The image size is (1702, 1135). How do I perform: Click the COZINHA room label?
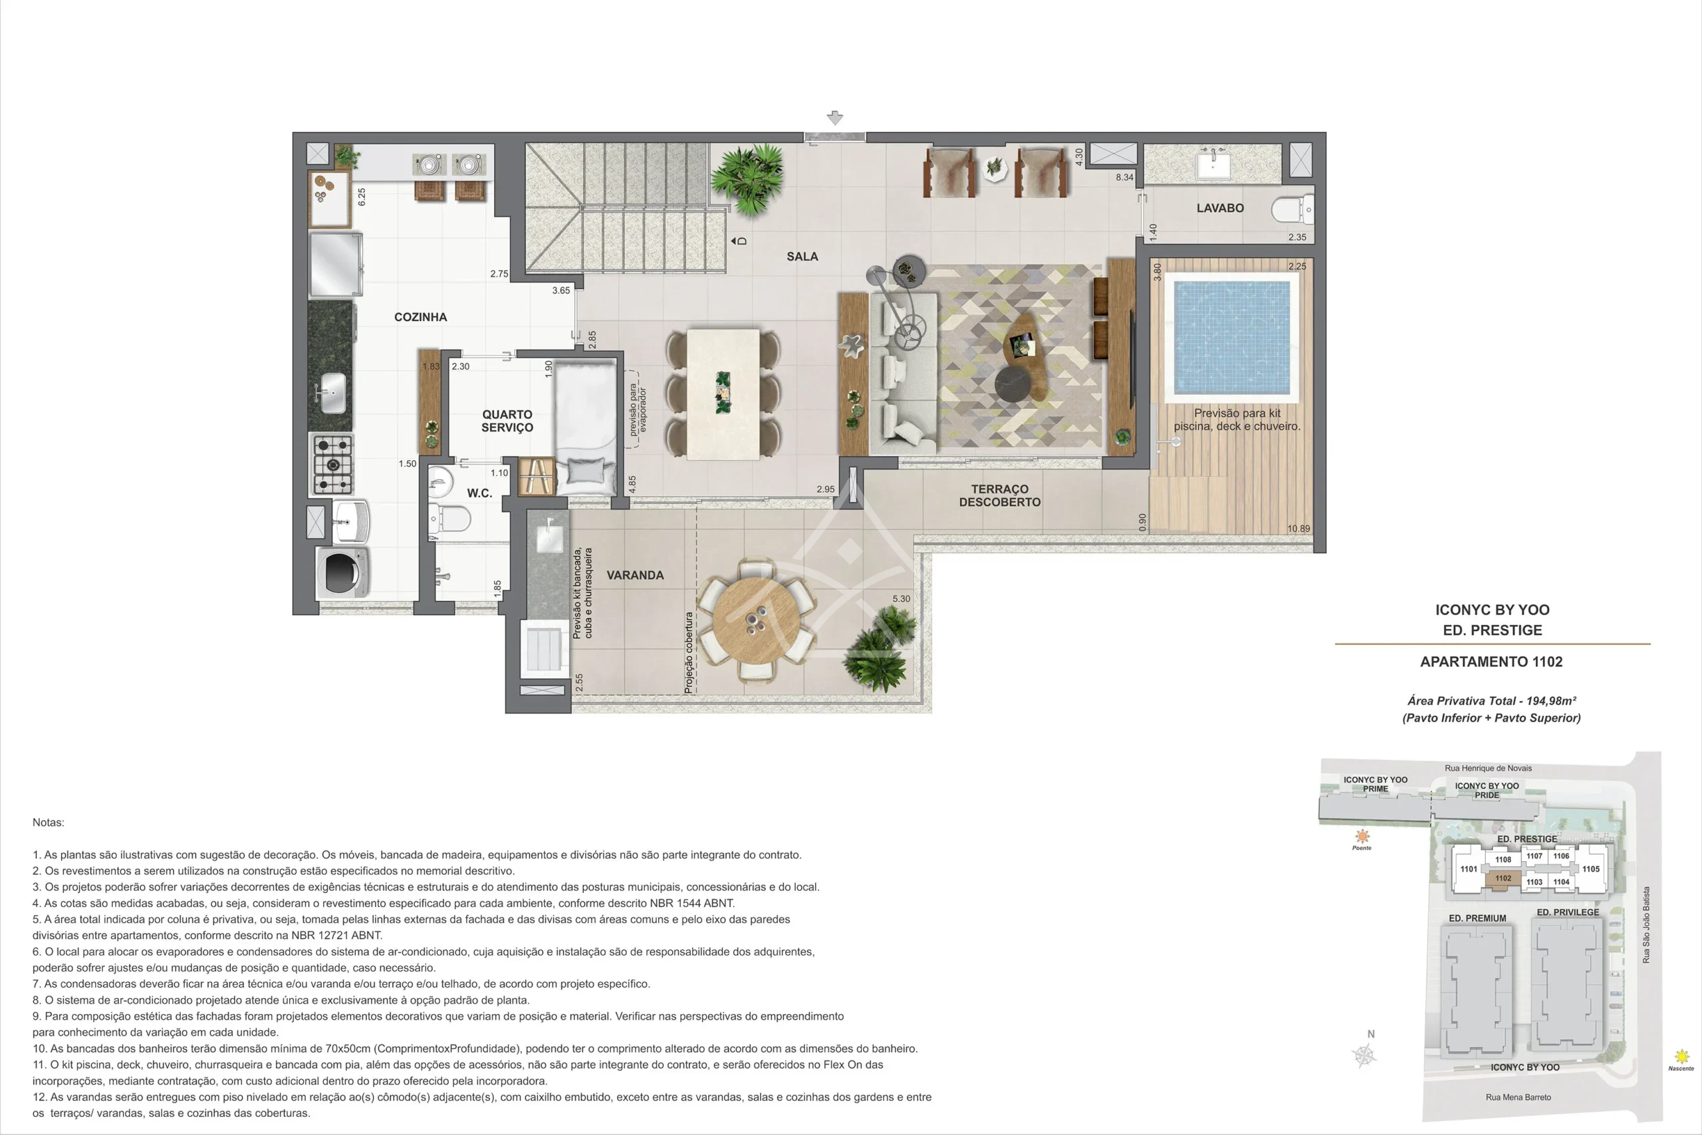[x=420, y=317]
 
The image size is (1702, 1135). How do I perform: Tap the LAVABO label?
[x=1220, y=207]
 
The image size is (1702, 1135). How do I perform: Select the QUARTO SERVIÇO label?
[x=507, y=421]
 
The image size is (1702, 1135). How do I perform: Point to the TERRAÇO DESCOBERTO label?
[x=999, y=495]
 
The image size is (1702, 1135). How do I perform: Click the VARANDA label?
[x=635, y=575]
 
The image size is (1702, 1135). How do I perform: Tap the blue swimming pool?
[x=1232, y=337]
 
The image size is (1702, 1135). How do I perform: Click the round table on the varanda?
[x=756, y=621]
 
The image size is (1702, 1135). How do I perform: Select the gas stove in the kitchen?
[x=332, y=464]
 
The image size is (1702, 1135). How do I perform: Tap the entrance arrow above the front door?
[x=835, y=117]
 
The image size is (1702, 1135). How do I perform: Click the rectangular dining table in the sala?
[x=723, y=394]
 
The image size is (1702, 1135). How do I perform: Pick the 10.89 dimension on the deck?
[x=1298, y=529]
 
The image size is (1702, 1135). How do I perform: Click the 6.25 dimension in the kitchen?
[x=361, y=196]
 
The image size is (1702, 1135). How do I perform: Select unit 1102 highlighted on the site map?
[x=1503, y=879]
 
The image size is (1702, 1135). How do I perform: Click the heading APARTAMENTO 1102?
[x=1491, y=662]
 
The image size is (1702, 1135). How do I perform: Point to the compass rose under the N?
[x=1365, y=1055]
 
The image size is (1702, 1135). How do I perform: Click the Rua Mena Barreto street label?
[x=1519, y=1097]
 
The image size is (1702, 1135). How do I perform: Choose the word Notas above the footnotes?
[x=49, y=822]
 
